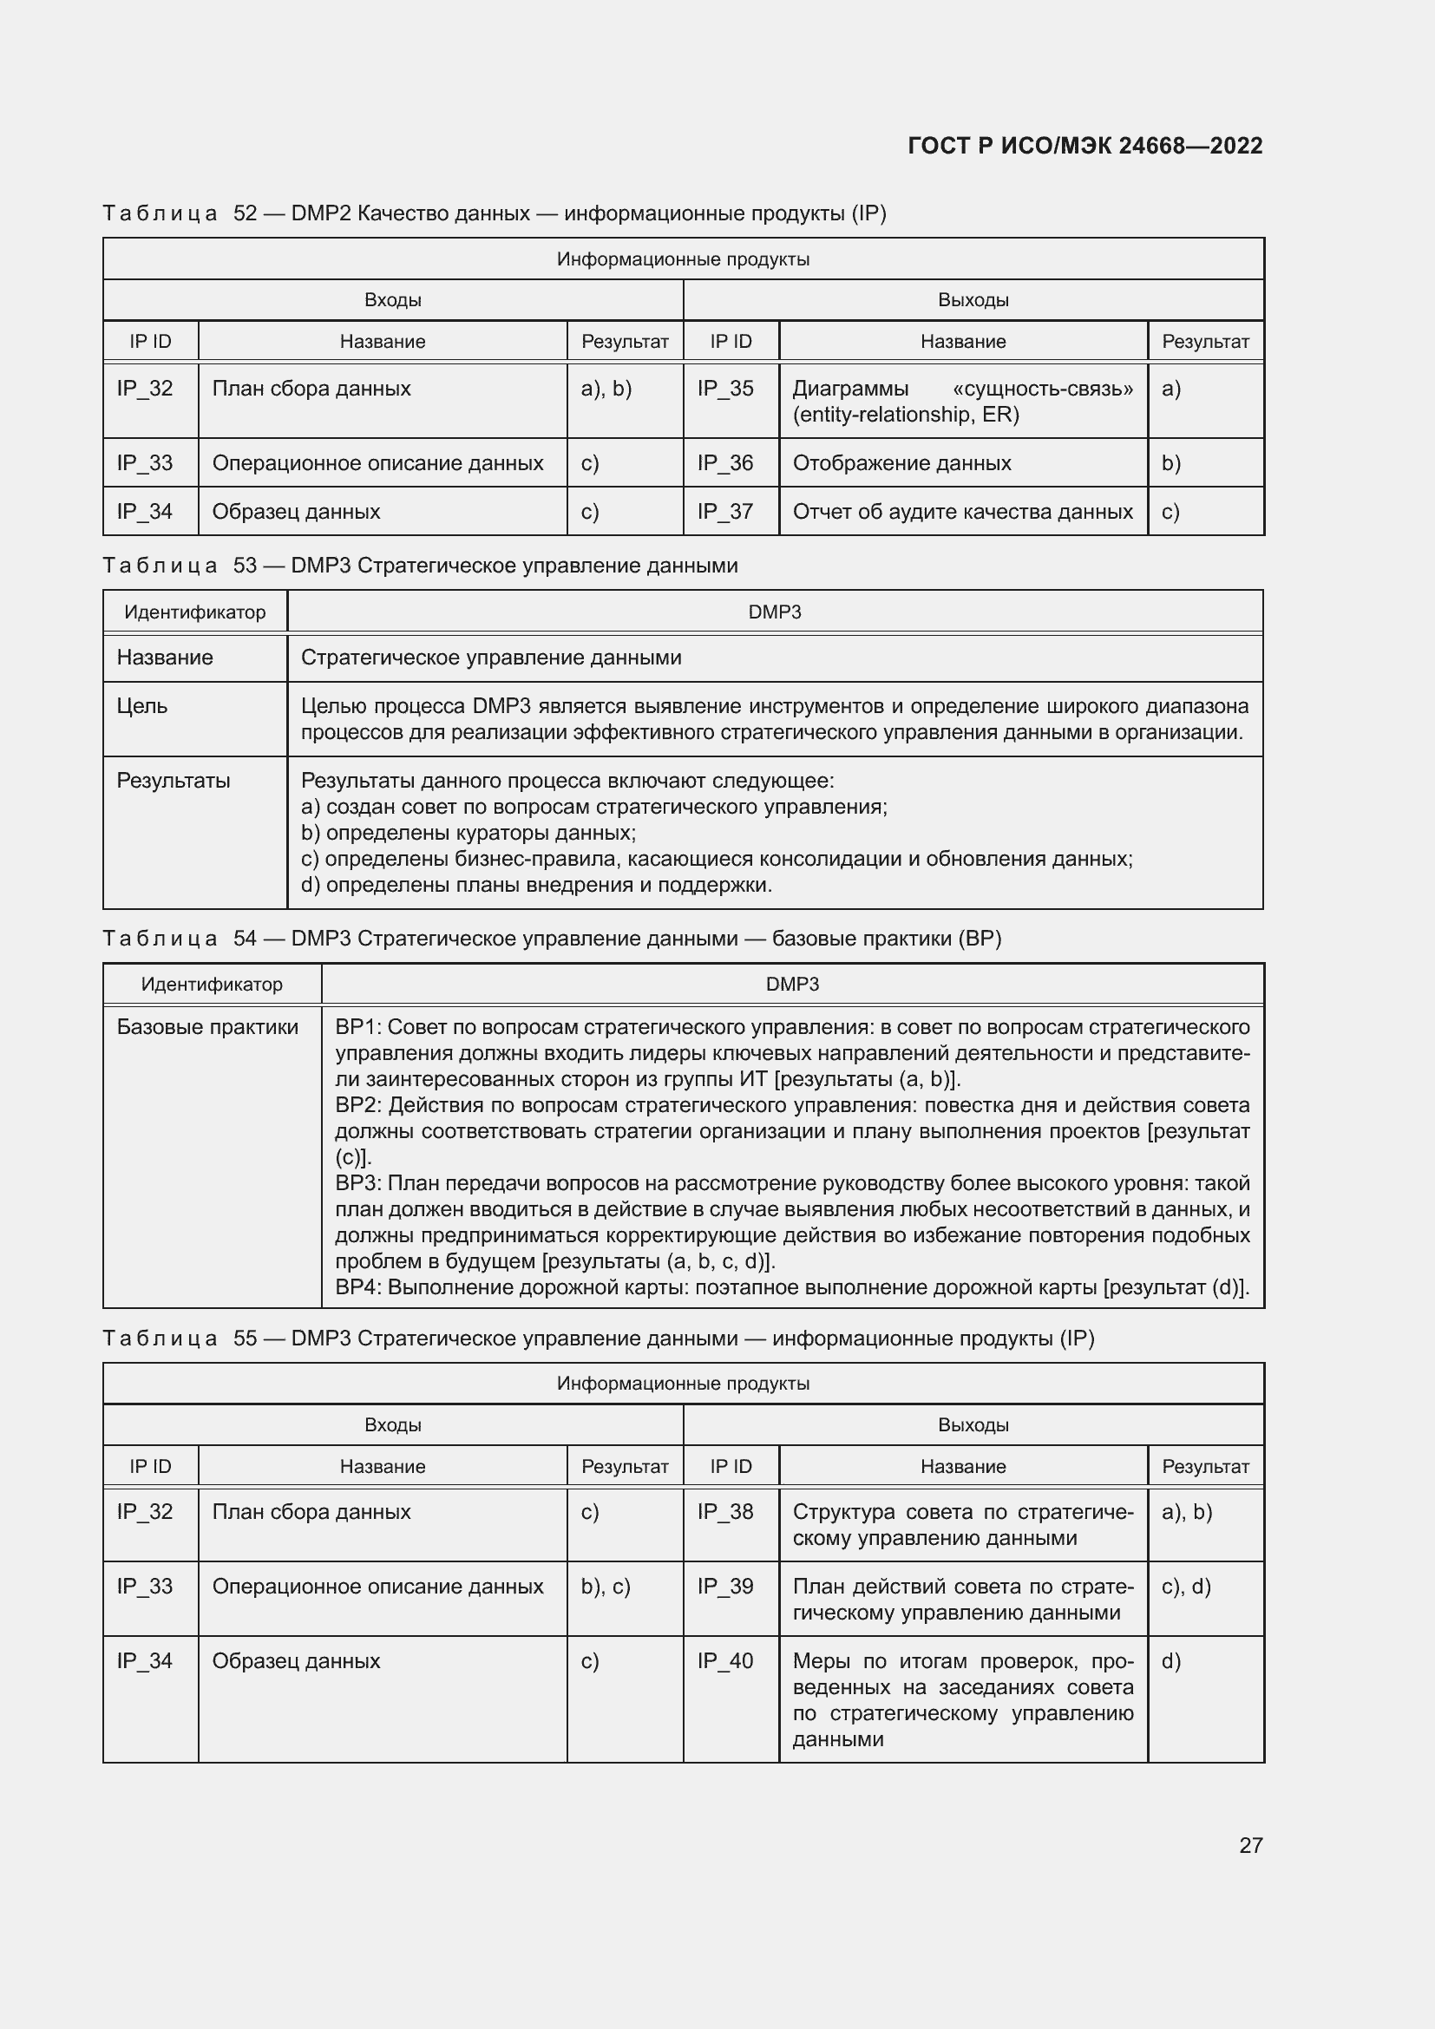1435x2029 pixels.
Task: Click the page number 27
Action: (x=1250, y=1845)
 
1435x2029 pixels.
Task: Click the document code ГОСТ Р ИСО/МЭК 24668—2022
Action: (x=1085, y=146)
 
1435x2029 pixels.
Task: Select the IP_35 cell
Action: (x=725, y=389)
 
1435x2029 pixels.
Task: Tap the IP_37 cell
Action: (x=725, y=512)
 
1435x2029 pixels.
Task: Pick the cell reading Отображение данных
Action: (x=901, y=463)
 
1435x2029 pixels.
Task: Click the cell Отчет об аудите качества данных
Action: (x=962, y=512)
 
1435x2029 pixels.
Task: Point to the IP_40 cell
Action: (x=725, y=1660)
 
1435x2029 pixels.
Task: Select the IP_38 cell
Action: (x=725, y=1511)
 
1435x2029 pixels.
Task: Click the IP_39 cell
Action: (x=725, y=1587)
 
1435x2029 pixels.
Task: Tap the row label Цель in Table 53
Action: (x=142, y=706)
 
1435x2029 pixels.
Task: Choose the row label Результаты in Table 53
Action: (x=174, y=781)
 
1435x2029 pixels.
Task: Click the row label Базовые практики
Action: (x=207, y=1027)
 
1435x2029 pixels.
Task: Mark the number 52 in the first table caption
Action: (x=245, y=214)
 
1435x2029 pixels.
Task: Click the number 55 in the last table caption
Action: (x=245, y=1338)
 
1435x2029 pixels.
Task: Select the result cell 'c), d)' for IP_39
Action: (x=1186, y=1587)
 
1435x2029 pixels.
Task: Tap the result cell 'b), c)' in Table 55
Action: (x=606, y=1587)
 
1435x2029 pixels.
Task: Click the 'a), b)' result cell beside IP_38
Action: (x=1187, y=1511)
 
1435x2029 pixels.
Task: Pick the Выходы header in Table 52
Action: (x=973, y=300)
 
